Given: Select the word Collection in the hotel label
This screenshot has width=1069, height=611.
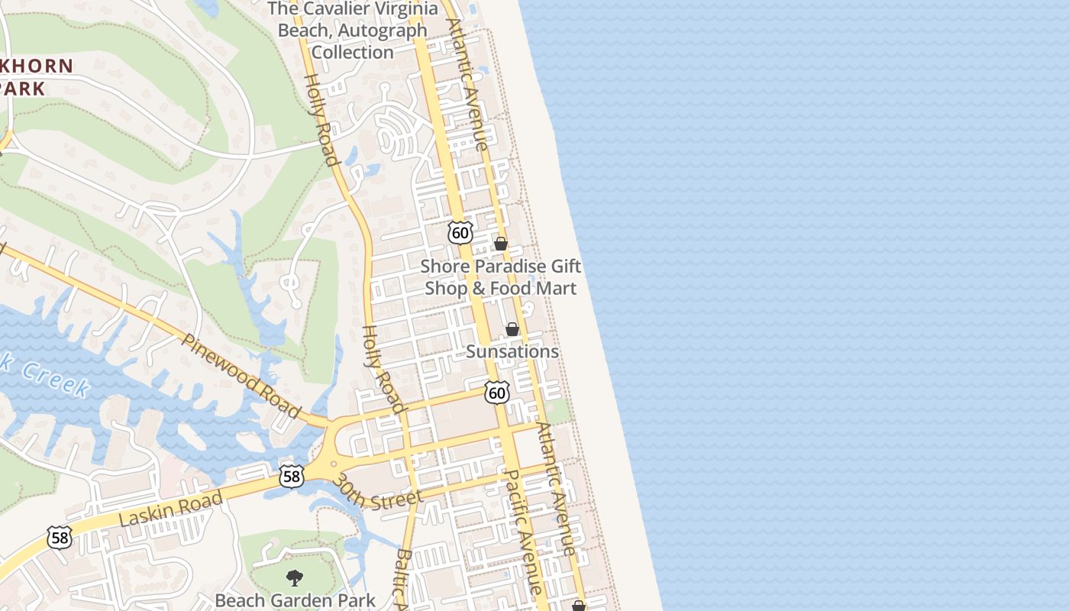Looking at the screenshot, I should [353, 52].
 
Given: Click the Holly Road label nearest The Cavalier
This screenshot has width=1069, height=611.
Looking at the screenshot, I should [321, 119].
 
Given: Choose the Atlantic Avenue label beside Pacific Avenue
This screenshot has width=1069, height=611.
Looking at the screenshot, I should [556, 489].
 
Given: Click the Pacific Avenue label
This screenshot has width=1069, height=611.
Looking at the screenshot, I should [524, 532].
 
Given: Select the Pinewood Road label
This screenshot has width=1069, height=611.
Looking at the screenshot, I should [243, 374].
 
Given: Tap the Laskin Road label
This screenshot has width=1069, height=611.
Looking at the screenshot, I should [170, 509].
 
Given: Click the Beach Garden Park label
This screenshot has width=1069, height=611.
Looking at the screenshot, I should [296, 600].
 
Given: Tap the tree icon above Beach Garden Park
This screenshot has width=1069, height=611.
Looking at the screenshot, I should [295, 577].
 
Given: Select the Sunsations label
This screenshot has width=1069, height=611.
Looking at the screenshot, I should [512, 351].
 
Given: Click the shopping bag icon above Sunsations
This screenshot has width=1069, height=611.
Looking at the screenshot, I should [512, 329].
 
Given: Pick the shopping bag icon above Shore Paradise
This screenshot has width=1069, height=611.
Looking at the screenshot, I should [501, 244].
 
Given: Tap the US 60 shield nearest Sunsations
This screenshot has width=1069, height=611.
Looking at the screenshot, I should [497, 393].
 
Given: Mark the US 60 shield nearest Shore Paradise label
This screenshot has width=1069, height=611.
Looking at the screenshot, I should [460, 232].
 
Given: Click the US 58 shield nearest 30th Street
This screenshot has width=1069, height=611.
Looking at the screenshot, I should [292, 476].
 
